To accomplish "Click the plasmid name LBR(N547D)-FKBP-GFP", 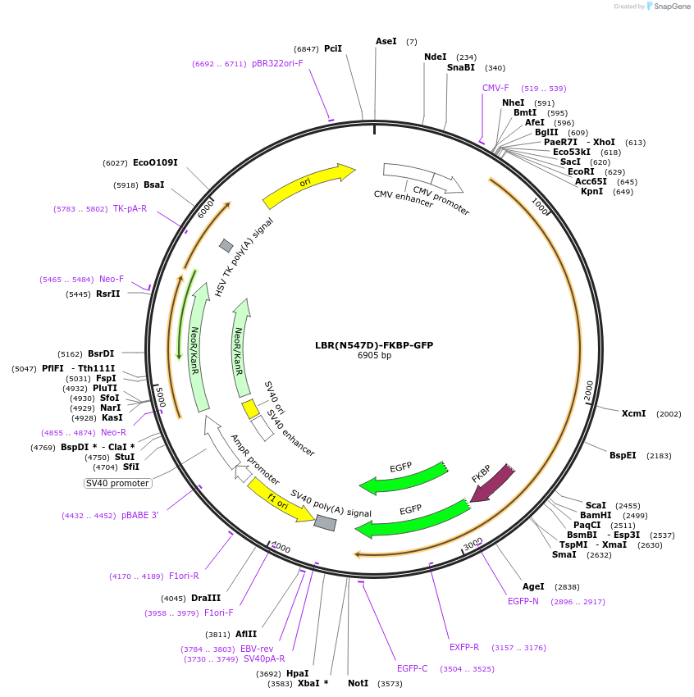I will pos(373,345).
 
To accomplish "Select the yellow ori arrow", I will pos(308,186).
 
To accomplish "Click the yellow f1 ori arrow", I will pos(280,499).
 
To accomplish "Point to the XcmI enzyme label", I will pos(633,414).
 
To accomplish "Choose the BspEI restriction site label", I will pos(623,455).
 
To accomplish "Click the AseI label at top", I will pos(386,41).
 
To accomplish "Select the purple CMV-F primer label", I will pos(495,88).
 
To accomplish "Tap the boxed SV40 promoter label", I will pos(118,483).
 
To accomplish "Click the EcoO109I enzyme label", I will pos(155,163).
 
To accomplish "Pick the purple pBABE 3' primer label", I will pos(139,516).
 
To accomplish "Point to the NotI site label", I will pos(358,683).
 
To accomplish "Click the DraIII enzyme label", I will pos(206,598).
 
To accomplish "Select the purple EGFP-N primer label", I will pos(523,602).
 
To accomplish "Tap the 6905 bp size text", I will pos(374,356).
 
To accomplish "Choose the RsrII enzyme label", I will pos(107,294).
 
